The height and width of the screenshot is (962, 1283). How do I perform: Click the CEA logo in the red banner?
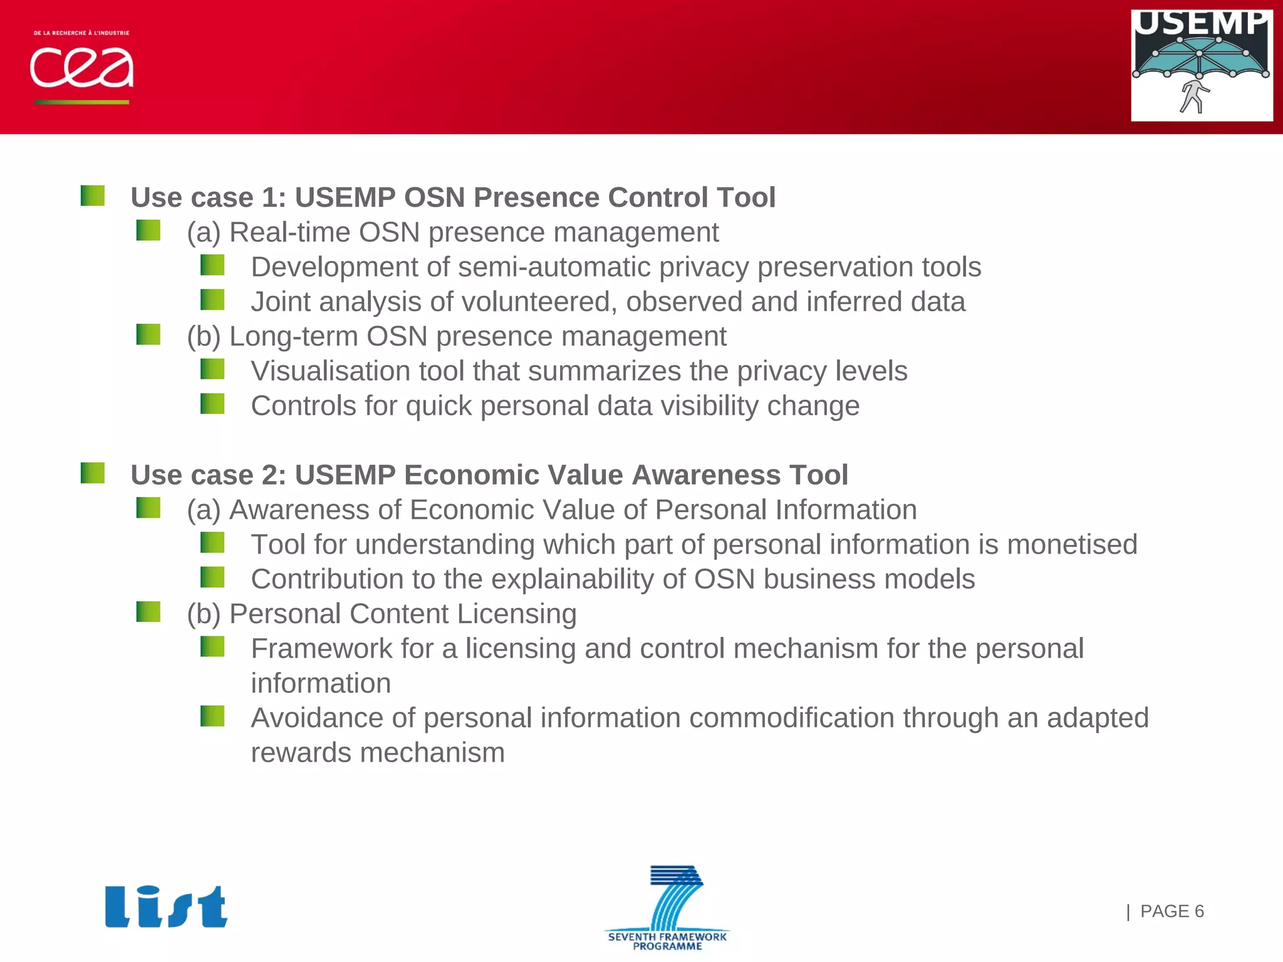pos(81,68)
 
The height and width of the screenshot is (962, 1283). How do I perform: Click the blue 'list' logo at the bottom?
pos(166,906)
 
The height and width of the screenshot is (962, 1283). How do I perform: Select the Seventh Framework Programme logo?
pos(668,908)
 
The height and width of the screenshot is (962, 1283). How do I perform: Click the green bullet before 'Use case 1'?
pos(93,195)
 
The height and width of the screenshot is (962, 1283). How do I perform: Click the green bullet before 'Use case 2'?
pos(93,473)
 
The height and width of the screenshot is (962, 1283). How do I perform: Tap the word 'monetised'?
pos(1072,544)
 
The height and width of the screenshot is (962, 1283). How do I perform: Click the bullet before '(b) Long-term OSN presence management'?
pos(148,334)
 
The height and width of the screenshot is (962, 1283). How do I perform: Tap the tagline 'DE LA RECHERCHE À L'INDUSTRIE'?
pos(81,33)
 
